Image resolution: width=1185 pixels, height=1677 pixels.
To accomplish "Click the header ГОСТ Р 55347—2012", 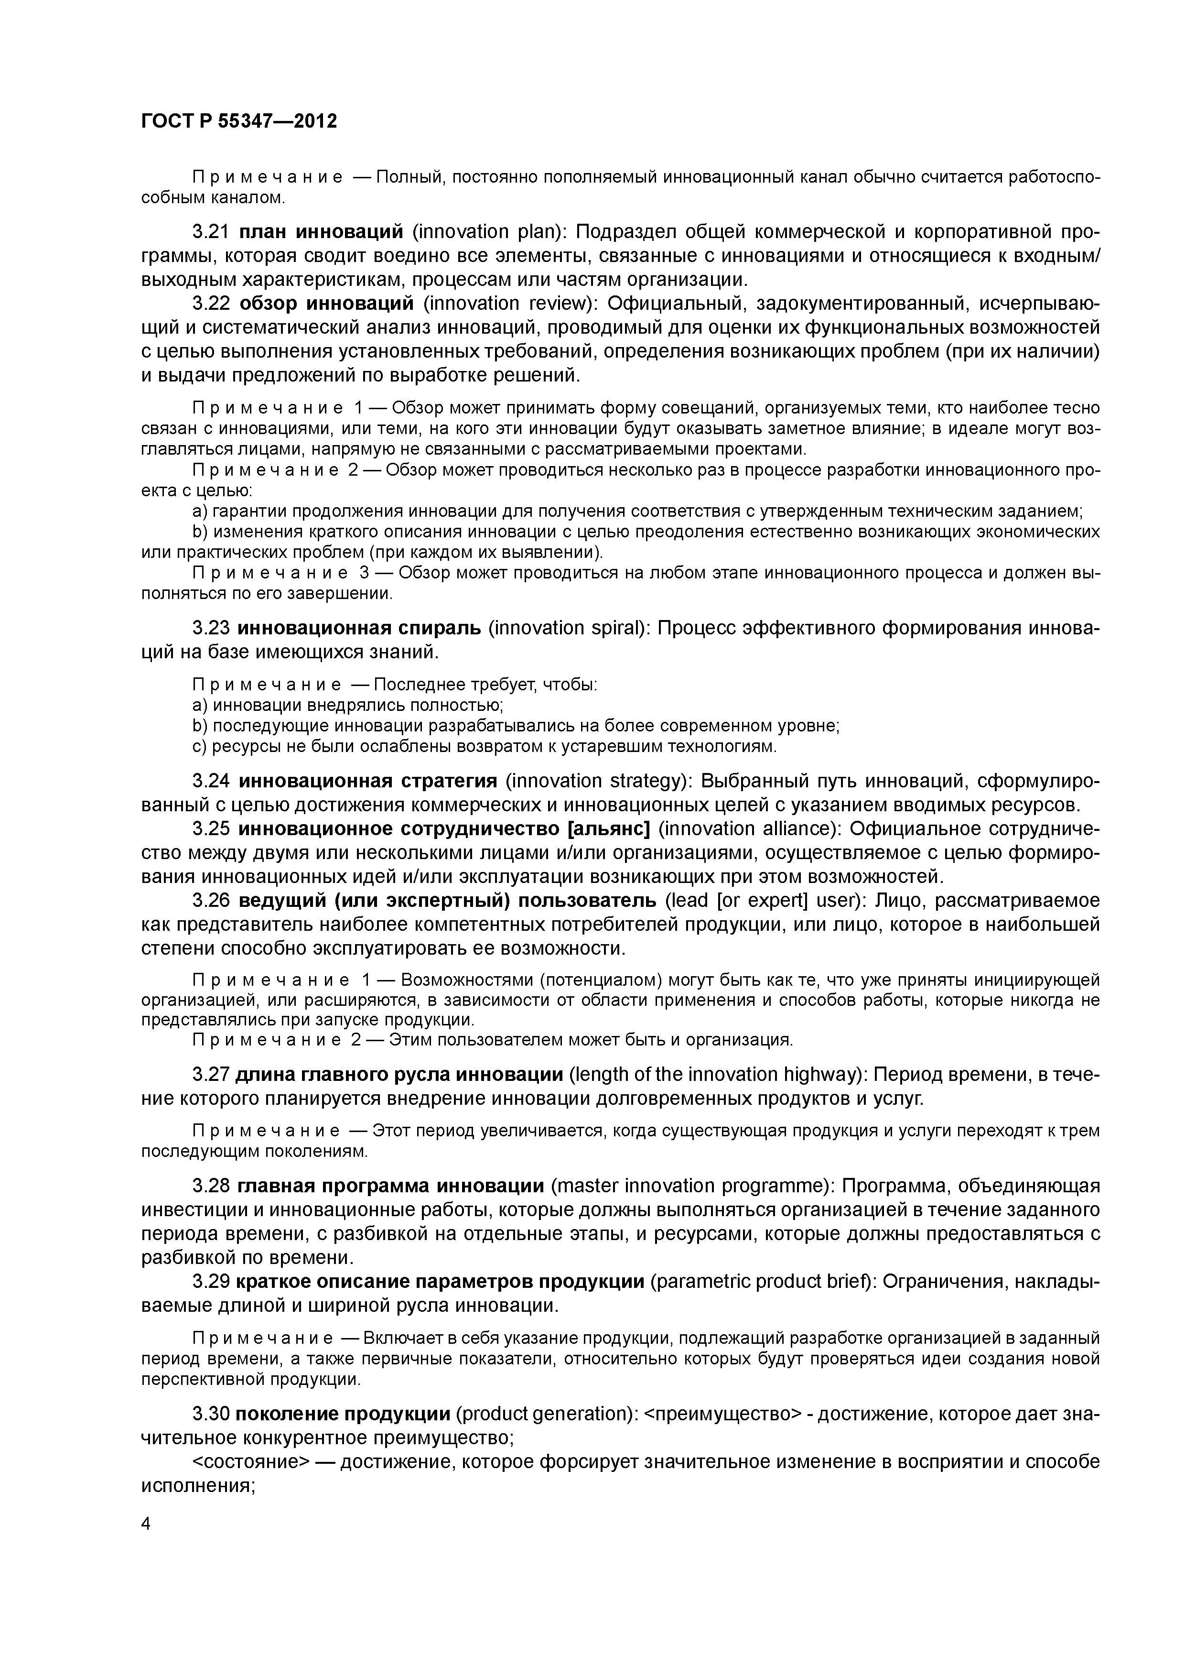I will pos(239,121).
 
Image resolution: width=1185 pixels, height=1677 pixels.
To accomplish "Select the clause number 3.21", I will pos(211,232).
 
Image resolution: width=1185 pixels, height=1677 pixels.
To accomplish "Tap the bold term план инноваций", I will pos(321,232).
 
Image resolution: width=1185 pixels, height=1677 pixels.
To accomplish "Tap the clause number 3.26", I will pos(211,901).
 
